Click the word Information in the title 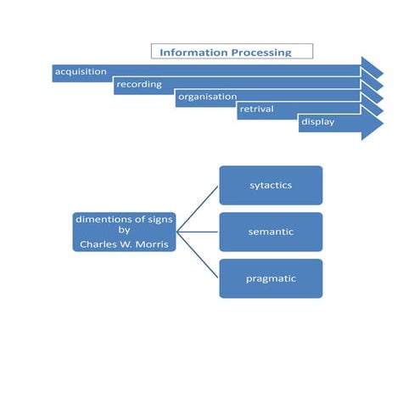[193, 53]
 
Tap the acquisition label [81, 71]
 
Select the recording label [138, 84]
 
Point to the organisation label [207, 97]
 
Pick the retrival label [256, 109]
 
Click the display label [317, 122]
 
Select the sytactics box [271, 185]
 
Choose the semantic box [271, 232]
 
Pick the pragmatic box [271, 278]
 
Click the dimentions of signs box [124, 232]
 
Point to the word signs [157, 219]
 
